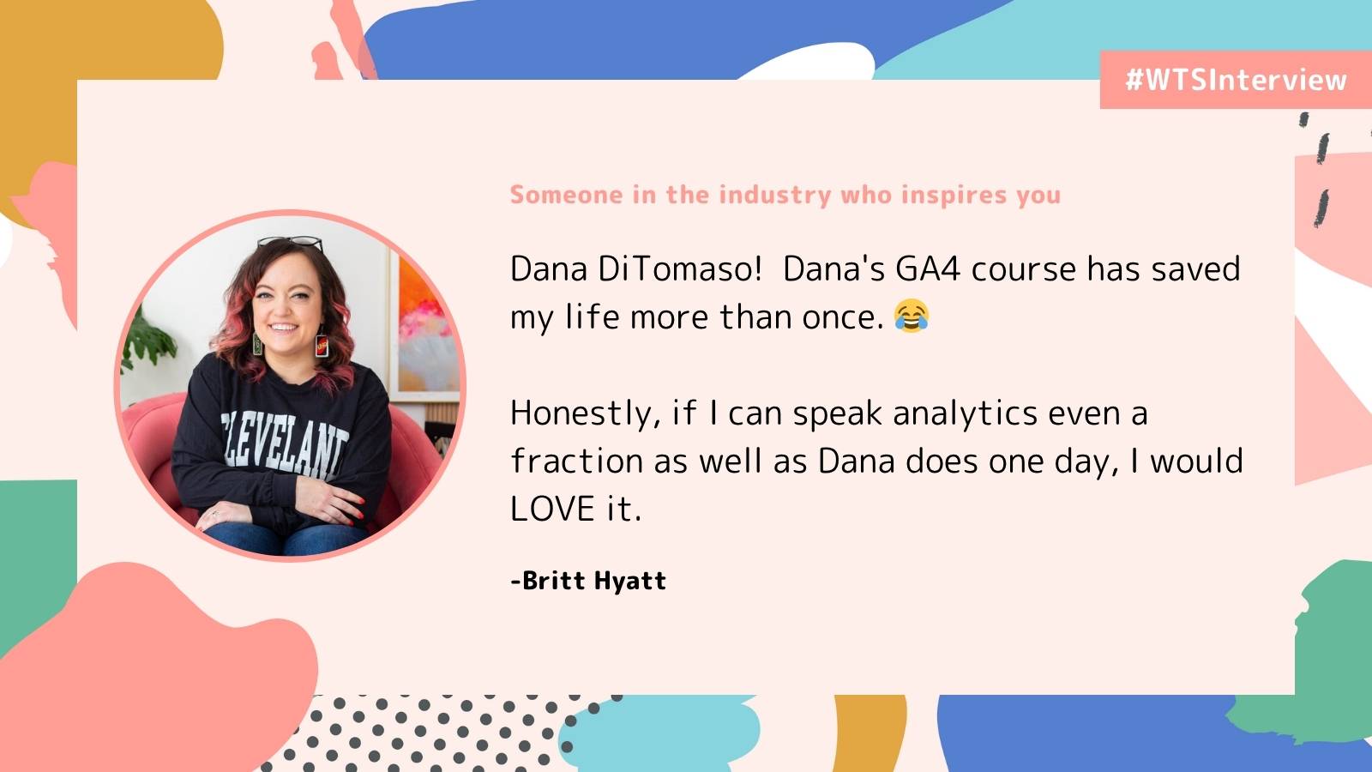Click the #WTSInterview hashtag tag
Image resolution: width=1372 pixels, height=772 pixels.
tap(1236, 81)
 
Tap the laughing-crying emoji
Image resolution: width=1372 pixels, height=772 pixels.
tap(912, 317)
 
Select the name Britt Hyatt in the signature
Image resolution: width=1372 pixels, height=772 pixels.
tap(594, 581)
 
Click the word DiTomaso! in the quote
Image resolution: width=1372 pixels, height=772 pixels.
tap(679, 269)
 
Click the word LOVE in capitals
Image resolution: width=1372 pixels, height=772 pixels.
tap(552, 510)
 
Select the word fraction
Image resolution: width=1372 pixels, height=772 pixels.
tap(576, 461)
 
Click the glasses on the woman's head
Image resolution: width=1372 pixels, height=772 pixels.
tap(291, 243)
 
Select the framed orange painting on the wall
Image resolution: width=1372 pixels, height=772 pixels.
tap(424, 325)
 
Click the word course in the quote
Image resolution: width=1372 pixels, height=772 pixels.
tap(1024, 269)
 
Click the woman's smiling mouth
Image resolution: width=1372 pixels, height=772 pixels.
tap(284, 327)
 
